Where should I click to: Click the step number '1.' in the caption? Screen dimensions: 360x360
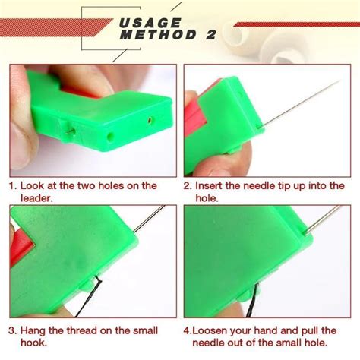pos(14,185)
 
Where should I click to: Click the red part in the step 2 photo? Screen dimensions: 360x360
pos(193,125)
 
